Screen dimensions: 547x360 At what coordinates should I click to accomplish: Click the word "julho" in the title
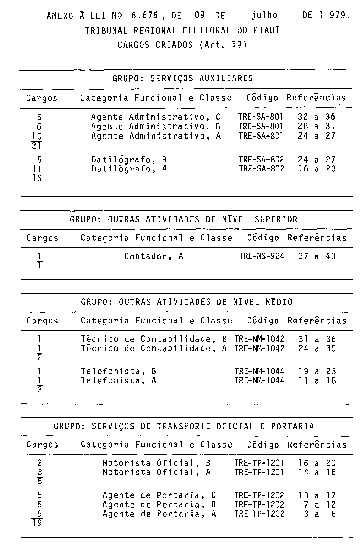pos(264,15)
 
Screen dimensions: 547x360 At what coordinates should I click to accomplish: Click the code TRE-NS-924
pos(261,256)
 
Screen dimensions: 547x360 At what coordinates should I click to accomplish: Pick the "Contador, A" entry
pos(154,256)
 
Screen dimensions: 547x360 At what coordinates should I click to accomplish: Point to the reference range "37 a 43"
pos(317,256)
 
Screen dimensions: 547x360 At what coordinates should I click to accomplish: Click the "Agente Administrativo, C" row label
pos(156,117)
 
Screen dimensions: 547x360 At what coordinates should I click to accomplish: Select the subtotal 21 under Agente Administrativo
pos(37,146)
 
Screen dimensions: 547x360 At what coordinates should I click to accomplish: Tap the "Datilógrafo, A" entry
pos(129,169)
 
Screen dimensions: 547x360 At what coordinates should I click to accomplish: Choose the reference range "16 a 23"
pos(317,169)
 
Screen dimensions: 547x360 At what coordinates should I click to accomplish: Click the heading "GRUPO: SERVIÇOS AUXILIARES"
pos(183,79)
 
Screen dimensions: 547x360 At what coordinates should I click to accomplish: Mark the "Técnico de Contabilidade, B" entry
pos(153,339)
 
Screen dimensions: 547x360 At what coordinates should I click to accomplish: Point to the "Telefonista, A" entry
pos(118,381)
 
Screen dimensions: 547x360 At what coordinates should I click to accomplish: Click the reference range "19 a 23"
pos(317,371)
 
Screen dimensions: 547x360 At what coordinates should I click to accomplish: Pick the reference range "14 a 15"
pos(317,473)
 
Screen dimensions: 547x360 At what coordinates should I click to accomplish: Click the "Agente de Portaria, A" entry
pos(159,514)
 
